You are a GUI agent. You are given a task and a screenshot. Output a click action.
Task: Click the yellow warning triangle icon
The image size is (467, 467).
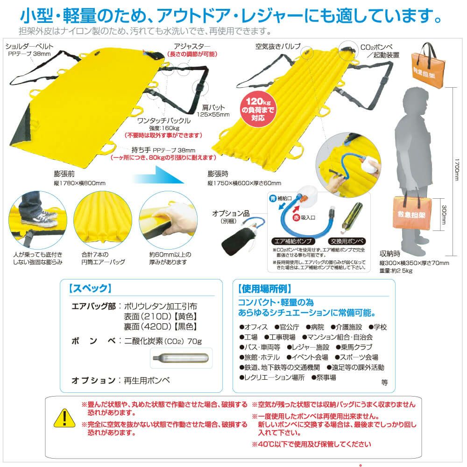64,418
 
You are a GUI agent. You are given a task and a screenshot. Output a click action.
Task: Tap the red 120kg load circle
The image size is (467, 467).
258,110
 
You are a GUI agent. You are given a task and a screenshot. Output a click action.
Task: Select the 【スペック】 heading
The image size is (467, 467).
90,288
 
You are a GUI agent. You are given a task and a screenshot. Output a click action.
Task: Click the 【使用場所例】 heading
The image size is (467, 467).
264,288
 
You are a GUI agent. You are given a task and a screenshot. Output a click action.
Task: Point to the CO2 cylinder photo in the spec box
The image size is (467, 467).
181,358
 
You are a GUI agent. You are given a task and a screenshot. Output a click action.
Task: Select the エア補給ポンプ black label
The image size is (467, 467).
293,241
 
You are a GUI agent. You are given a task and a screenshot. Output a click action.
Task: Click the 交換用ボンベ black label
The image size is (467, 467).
347,241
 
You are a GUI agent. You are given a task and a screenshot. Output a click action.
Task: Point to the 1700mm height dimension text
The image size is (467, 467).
457,169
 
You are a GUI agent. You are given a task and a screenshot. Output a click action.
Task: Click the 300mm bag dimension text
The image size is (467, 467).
444,215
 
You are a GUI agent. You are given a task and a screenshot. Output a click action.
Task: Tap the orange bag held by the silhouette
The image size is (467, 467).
412,212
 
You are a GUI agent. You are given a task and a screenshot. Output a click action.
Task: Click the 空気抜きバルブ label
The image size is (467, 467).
278,46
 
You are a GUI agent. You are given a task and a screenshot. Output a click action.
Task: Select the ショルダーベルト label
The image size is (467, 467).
29,46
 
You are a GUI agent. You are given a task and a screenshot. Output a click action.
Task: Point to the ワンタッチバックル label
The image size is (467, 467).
164,120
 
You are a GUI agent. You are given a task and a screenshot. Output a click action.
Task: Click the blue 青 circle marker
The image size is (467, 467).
273,198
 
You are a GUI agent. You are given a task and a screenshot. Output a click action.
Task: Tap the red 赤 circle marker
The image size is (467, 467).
296,217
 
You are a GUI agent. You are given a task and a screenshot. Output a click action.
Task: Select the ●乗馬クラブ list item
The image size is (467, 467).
354,347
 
